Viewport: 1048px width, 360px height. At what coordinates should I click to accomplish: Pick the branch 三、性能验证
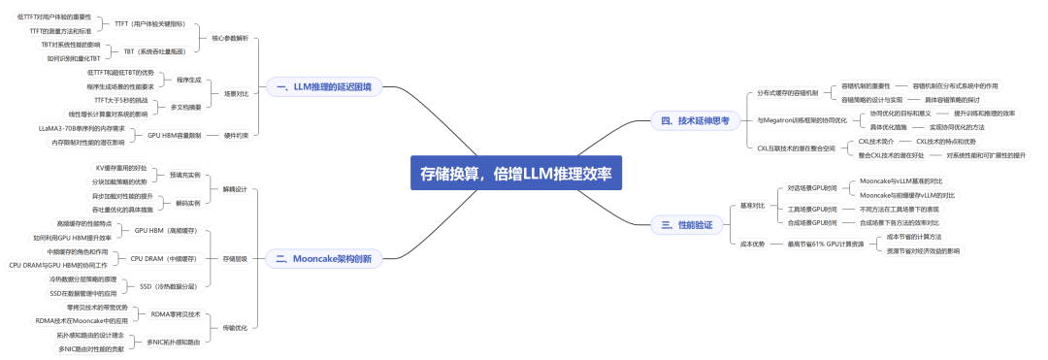[687, 224]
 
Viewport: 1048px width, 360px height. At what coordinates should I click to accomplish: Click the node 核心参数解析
[230, 38]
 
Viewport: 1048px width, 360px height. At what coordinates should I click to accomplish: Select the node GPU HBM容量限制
[174, 135]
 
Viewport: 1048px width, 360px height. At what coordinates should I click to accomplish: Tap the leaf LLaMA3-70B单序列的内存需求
[82, 127]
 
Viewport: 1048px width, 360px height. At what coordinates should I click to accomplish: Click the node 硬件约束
[235, 135]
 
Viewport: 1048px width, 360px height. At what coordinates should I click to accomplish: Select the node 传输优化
[235, 327]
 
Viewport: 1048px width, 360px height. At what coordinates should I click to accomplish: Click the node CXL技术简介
[874, 142]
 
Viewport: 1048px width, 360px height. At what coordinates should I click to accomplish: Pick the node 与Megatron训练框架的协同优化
[802, 120]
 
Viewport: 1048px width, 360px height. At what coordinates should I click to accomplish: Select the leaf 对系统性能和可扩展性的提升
[985, 155]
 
